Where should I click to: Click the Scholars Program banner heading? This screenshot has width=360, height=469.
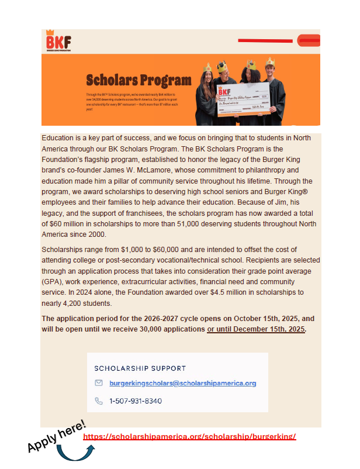[139, 80]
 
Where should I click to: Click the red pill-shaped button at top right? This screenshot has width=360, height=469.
[308, 40]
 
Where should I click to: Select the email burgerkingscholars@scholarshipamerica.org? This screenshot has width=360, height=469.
[182, 384]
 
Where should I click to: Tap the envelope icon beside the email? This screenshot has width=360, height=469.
[99, 384]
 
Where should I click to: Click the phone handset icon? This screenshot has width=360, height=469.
[99, 401]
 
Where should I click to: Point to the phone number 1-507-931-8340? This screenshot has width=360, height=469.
[136, 401]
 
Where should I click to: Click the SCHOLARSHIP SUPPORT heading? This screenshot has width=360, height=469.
[140, 368]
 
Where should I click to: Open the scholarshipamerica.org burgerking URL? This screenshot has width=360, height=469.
[189, 437]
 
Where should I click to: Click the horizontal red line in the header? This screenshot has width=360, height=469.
[267, 40]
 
